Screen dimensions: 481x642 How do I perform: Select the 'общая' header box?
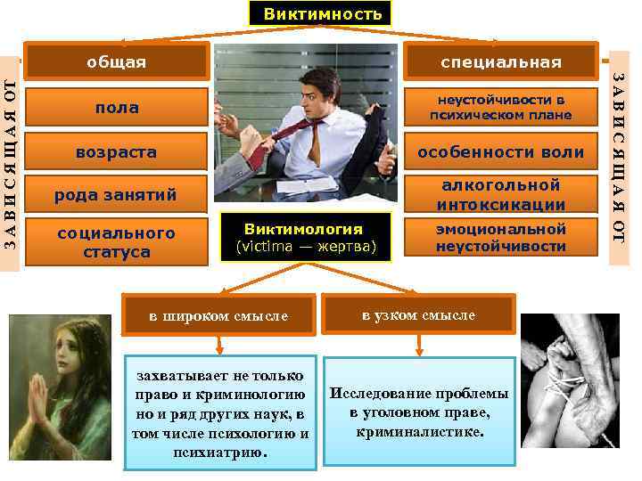coord(116,62)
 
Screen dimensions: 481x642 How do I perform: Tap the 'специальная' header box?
coord(501,62)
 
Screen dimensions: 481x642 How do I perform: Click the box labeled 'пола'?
coord(117,108)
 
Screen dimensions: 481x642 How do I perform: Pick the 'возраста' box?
coord(117,151)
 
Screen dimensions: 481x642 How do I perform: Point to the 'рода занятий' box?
coord(117,194)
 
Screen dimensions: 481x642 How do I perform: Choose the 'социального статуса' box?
coord(117,240)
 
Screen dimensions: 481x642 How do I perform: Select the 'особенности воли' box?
coord(501,151)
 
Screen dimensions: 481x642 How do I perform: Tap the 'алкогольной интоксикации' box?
coord(501,195)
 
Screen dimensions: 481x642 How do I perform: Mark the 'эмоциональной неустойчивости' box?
coord(501,238)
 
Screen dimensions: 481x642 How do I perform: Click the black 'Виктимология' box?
coord(304,237)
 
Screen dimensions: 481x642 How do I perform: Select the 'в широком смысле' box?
coord(218,315)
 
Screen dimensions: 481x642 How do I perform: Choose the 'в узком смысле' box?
coord(418,314)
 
